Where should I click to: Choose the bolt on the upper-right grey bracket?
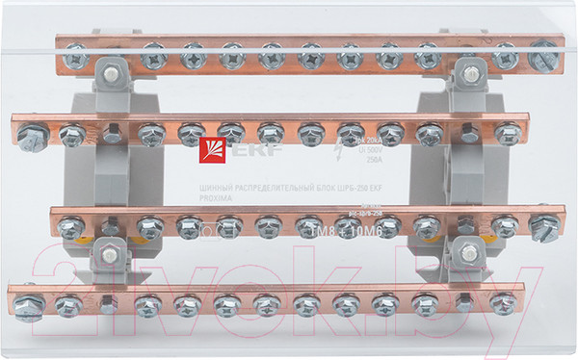[x=468, y=69]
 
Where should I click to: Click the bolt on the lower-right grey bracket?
[x=470, y=253]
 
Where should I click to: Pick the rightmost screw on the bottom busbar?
[x=501, y=303]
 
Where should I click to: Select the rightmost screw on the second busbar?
[x=508, y=133]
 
